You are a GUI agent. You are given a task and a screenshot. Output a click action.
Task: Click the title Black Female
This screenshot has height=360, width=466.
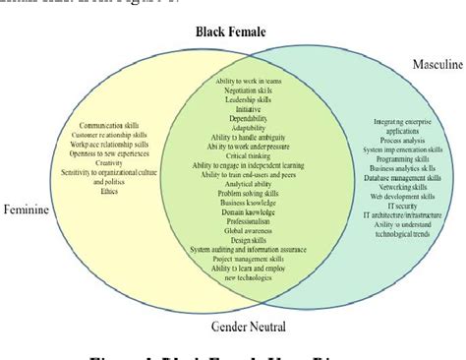point(230,32)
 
